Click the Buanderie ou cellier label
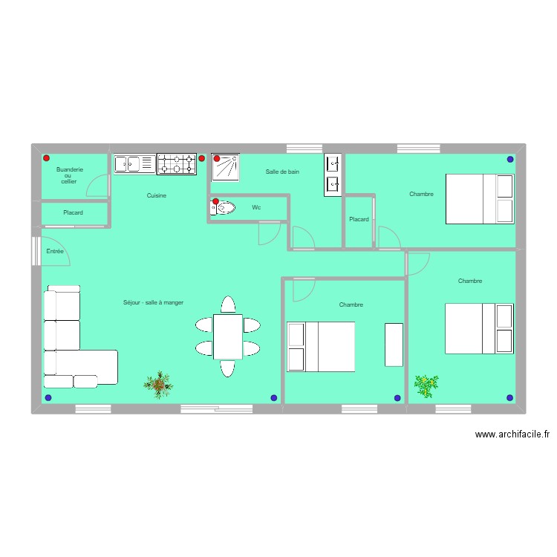(x=69, y=175)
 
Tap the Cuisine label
(x=156, y=195)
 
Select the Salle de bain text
(x=282, y=172)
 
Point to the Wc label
(x=256, y=207)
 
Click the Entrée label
(x=55, y=252)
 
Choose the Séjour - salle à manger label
(x=153, y=302)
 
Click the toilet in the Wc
(x=222, y=208)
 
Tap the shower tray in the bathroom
(x=226, y=167)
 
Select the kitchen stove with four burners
(x=176, y=164)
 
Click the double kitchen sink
(x=134, y=163)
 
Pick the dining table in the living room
(x=227, y=336)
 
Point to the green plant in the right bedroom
(x=426, y=384)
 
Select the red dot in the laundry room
(x=46, y=158)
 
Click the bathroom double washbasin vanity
(x=332, y=175)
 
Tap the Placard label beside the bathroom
(x=359, y=219)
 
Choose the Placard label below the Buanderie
(x=73, y=213)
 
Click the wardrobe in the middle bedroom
(x=394, y=345)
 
